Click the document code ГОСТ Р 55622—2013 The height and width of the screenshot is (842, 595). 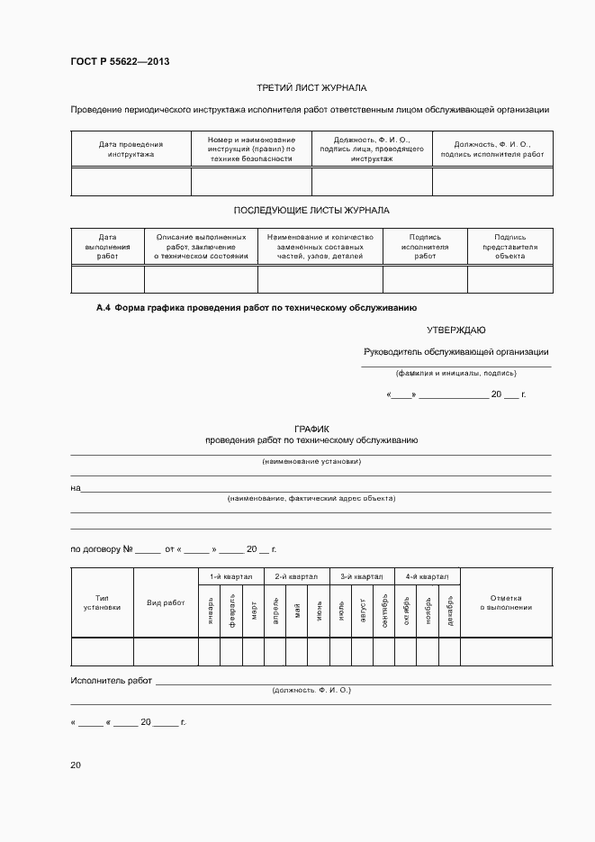120,62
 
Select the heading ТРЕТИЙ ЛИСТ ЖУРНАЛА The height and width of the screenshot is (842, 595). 311,88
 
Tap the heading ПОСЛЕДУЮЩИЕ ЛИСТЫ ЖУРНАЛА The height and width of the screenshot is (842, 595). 311,210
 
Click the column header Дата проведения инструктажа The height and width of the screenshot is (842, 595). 131,149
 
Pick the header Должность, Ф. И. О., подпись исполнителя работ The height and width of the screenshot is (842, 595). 492,149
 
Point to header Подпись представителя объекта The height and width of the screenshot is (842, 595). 509,247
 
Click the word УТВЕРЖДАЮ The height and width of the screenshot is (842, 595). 455,330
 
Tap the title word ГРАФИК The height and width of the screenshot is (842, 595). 311,429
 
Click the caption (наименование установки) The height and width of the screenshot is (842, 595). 311,461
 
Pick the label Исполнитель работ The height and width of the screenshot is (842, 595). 111,681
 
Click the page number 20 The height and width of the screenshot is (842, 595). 76,765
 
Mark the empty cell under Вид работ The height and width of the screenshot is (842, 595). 166,650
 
